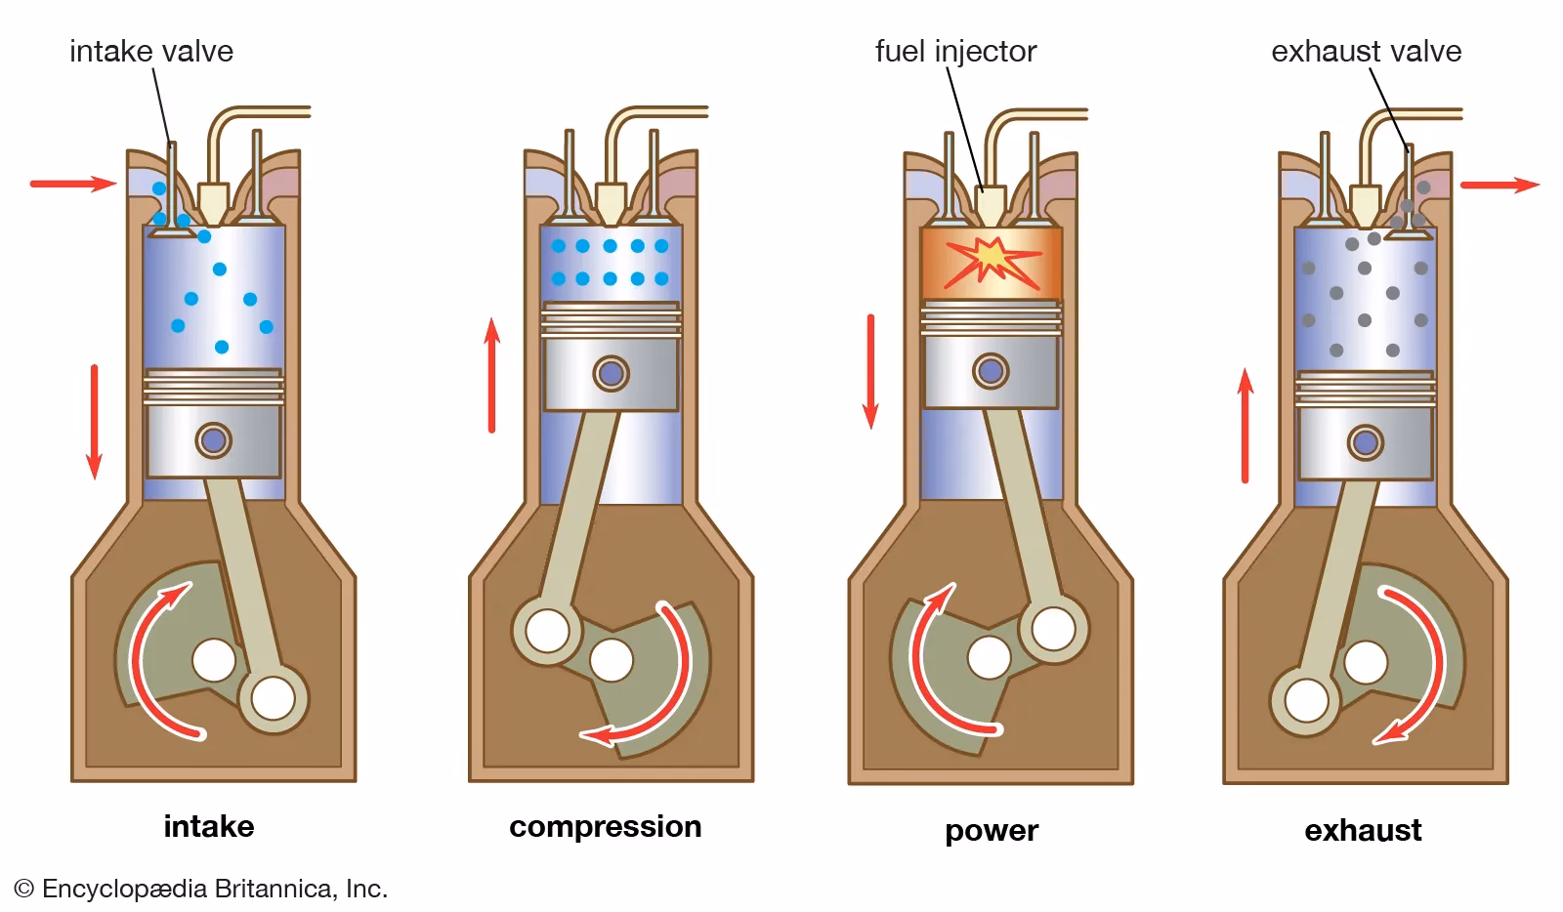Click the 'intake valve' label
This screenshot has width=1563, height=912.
151,51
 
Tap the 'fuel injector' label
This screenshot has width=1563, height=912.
954,51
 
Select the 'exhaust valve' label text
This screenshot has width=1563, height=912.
1366,51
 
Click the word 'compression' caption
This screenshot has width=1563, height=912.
605,826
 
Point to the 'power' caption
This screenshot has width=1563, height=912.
991,830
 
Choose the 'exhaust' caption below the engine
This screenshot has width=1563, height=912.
1363,830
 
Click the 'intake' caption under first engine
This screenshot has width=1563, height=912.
209,826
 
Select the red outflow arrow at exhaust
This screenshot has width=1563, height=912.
1499,185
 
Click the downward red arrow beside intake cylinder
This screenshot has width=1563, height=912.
95,421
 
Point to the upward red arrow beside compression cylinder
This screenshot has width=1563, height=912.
492,375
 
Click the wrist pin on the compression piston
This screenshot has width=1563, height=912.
612,373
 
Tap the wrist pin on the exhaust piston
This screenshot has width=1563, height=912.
1365,443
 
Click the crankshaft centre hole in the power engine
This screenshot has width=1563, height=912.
989,658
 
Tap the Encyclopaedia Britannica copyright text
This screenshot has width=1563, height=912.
201,889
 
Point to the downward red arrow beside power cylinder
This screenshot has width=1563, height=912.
870,372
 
